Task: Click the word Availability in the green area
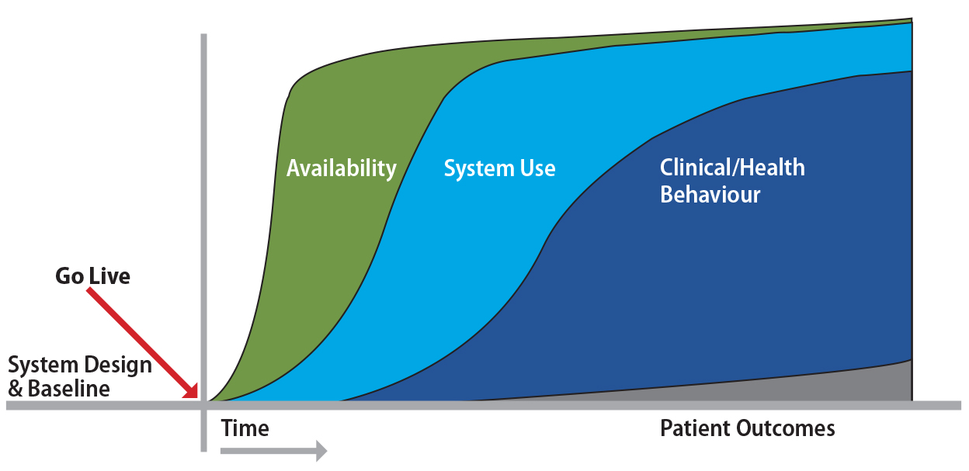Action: pos(341,168)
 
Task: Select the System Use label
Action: pos(499,168)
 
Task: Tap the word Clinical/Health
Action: pos(731,168)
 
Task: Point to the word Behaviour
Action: pos(710,194)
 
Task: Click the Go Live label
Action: pos(92,276)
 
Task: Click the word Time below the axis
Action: pos(245,428)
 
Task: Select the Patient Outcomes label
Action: pos(747,428)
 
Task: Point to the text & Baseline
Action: pos(58,388)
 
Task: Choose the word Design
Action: pos(117,365)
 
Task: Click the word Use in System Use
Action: pos(537,168)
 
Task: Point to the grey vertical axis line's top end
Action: pos(203,37)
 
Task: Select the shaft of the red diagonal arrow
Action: pos(140,338)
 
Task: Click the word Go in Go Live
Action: pos(69,276)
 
